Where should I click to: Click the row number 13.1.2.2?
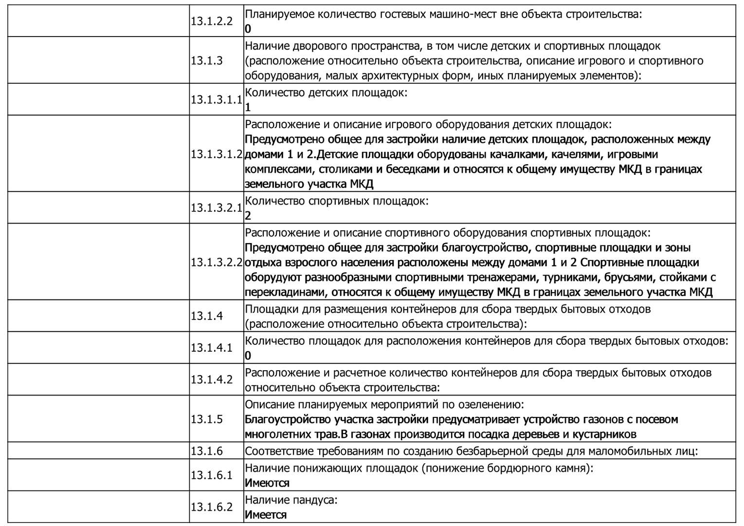click(212, 21)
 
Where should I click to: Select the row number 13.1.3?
click(207, 61)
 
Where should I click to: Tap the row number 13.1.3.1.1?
click(217, 100)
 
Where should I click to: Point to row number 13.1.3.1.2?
click(217, 154)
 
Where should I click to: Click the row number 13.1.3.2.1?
click(217, 208)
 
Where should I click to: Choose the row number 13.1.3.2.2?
click(217, 263)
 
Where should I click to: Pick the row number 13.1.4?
click(207, 316)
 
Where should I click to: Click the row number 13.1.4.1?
click(212, 348)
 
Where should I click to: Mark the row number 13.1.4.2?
click(212, 379)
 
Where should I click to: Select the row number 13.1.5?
click(207, 419)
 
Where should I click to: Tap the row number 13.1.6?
click(207, 451)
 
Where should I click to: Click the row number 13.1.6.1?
click(212, 475)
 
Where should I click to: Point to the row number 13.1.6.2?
click(212, 507)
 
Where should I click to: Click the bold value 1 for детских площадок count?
click(248, 108)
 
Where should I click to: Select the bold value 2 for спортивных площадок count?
click(248, 216)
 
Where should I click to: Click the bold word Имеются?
click(267, 483)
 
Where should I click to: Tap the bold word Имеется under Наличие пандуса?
click(266, 515)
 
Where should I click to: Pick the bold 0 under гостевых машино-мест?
click(248, 29)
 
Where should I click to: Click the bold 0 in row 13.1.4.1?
click(248, 356)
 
